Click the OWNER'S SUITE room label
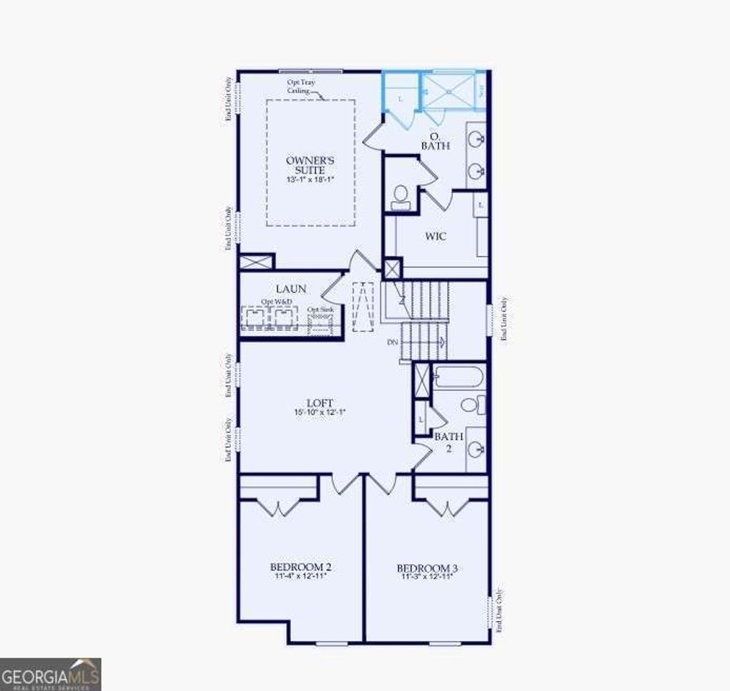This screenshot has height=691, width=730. click(305, 165)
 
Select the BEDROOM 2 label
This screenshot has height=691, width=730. click(300, 567)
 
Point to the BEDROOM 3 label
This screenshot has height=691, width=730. click(427, 568)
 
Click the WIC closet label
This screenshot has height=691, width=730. click(436, 236)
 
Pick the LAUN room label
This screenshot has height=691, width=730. click(291, 289)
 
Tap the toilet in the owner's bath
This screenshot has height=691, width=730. click(401, 195)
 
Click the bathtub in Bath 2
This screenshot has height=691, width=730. click(458, 376)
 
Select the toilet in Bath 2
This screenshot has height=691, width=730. click(471, 405)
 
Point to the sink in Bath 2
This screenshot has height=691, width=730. click(475, 449)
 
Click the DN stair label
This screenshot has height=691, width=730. click(392, 342)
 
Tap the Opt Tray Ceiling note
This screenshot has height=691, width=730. click(301, 86)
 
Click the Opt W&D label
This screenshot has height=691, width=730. click(276, 302)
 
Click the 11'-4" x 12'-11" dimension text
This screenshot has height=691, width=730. click(300, 575)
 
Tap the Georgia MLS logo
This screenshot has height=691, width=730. click(51, 674)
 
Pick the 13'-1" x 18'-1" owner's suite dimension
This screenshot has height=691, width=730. click(305, 180)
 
